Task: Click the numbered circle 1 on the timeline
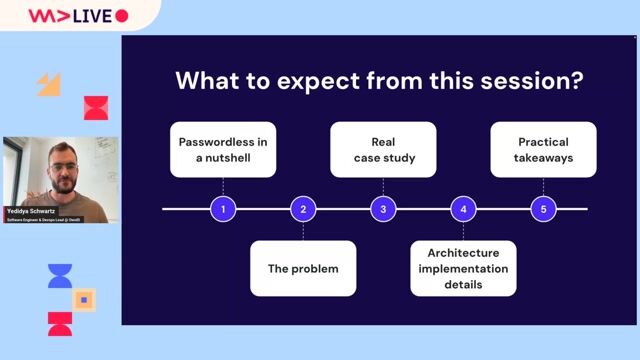coord(223,209)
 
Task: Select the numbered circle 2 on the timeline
coord(303,209)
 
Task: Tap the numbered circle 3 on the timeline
coord(383,209)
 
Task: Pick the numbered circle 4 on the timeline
coord(463,209)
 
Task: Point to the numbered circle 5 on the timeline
coord(543,209)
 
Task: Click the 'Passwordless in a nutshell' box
coord(223,150)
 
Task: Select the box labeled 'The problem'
coord(303,268)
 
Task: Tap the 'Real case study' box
coord(383,150)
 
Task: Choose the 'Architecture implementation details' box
coord(463,268)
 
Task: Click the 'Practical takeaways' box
coord(543,150)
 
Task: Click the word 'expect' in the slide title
coord(292,82)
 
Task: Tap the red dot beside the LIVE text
coord(122,16)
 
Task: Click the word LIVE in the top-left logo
coord(90,16)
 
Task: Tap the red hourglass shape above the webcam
coord(96,108)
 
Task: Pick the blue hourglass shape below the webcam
coord(60,276)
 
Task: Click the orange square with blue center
coord(84,299)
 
